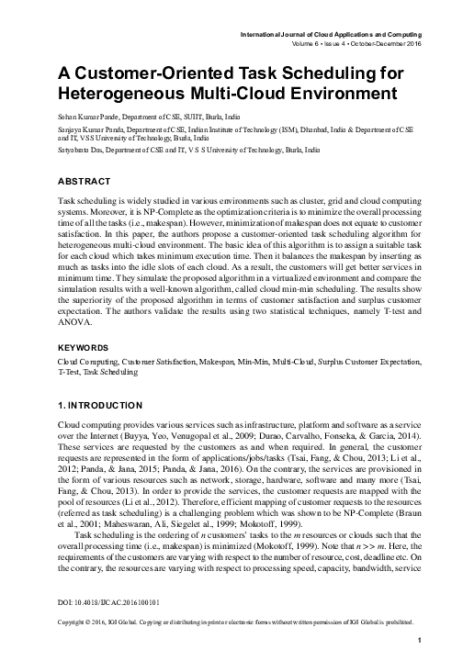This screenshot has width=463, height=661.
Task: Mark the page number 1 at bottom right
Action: point(419,641)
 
